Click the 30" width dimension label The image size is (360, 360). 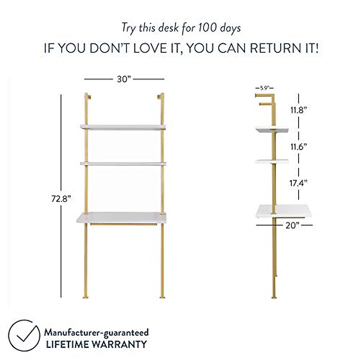124,79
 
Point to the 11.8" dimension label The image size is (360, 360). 298,110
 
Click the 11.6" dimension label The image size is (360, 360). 298,147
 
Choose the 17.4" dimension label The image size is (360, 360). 298,183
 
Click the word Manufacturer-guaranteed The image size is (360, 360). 96,332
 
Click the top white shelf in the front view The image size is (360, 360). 123,127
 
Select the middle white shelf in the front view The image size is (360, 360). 123,163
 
